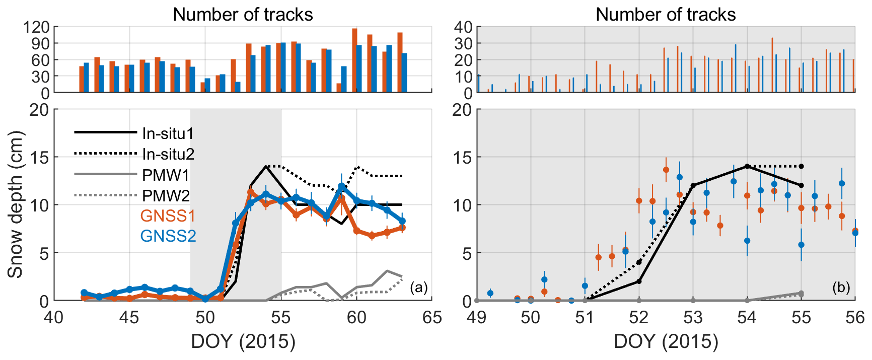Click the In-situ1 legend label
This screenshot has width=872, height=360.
coord(168,133)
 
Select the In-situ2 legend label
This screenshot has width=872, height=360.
coord(168,154)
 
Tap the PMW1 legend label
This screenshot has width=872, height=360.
coord(166,175)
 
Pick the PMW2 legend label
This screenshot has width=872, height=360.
coord(166,195)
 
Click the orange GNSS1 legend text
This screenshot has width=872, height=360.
coord(168,215)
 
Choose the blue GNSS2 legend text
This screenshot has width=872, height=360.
coord(168,236)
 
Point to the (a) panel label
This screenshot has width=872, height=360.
coord(418,287)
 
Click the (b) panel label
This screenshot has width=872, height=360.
coord(841,287)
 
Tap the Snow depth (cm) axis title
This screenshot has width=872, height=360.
coord(15,204)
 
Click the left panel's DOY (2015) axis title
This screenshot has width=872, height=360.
coord(243,341)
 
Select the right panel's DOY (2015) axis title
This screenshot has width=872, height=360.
coord(666,341)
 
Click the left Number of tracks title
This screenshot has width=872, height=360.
coord(243,15)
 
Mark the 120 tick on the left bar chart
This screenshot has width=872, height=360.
coord(36,27)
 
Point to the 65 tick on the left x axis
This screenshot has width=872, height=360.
coord(432,318)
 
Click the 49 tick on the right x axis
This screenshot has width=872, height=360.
coord(476,318)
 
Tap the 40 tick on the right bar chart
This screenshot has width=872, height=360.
coord(463,27)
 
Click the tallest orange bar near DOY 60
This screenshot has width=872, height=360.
coord(354,60)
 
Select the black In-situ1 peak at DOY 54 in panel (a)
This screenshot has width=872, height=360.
coord(266,167)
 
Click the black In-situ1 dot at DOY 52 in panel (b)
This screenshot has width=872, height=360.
coord(639,281)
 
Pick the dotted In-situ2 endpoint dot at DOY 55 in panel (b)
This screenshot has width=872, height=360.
coord(801,166)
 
